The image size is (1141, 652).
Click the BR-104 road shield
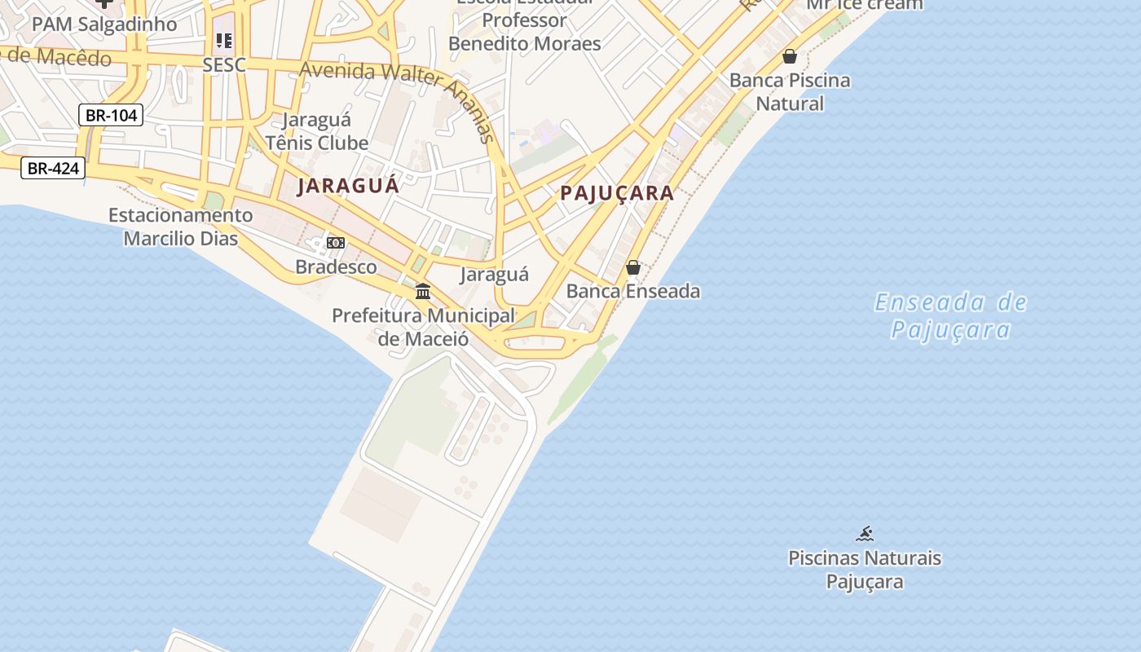pos(111,115)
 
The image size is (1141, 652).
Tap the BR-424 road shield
pos(52,168)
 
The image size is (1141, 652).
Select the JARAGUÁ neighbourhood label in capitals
pos(348,186)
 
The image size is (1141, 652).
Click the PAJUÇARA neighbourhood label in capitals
pos(617,193)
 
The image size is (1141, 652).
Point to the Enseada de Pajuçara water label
pos(950,316)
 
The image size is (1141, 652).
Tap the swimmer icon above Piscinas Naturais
pos(865,535)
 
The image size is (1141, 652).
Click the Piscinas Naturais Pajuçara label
pos(865,570)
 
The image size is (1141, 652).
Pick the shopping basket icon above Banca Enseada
pos(633,267)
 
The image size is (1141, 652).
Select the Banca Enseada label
pos(633,291)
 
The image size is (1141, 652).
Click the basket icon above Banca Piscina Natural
pos(789,56)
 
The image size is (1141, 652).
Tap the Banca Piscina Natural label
pos(790,92)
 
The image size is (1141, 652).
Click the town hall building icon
pos(423,291)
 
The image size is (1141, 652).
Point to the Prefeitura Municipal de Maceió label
pos(423,326)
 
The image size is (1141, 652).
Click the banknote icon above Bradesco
pos(336,243)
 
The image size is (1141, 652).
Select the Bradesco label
pos(336,267)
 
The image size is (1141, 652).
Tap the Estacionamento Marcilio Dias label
pos(181,227)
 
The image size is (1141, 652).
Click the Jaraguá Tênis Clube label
pos(317,131)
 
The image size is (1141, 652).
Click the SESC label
pos(224,65)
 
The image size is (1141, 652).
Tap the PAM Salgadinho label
pos(104,24)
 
